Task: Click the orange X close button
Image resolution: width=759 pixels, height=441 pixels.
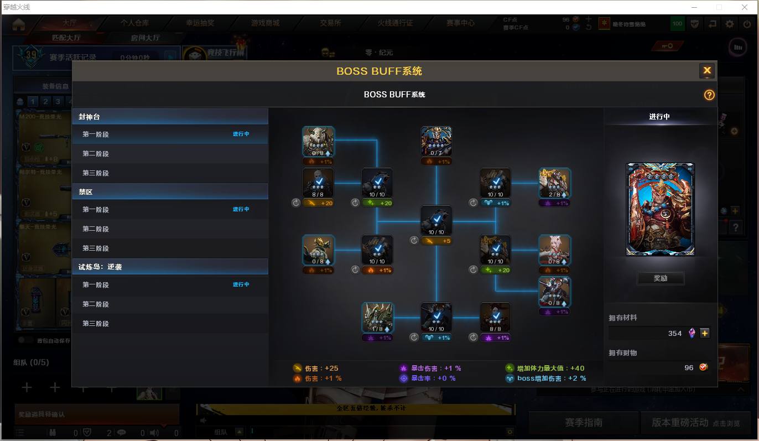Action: point(706,71)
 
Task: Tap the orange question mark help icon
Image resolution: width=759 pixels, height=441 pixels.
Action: point(709,95)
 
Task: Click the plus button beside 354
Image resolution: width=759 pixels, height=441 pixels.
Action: point(704,333)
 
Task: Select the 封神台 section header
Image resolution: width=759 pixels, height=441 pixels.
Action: point(170,117)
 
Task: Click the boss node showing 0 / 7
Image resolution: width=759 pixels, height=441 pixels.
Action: point(436,142)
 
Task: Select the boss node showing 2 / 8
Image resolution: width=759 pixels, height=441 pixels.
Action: point(554,184)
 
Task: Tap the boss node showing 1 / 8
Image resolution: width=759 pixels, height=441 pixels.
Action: point(377,318)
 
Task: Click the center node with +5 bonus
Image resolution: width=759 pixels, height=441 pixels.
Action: point(436,221)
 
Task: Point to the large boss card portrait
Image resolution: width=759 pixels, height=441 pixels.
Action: point(660,209)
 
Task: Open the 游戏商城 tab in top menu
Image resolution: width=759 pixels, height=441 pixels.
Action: point(265,23)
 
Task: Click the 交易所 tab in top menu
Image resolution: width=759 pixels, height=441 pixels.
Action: point(330,23)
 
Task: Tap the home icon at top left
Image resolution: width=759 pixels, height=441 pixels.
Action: point(19,24)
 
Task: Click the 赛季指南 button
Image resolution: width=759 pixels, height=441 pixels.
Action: point(583,423)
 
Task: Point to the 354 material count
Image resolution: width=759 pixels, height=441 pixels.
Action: point(674,334)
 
